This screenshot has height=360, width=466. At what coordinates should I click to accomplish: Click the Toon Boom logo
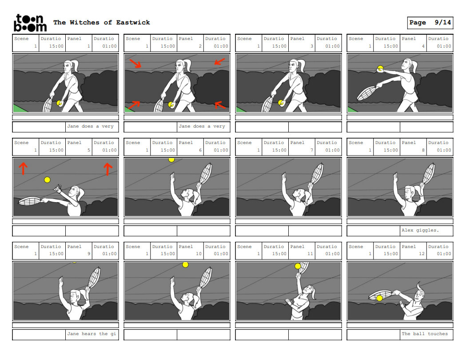coord(30,23)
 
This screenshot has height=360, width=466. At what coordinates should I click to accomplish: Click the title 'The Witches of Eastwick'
coord(102,22)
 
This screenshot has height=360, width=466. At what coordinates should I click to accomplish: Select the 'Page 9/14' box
coord(430,23)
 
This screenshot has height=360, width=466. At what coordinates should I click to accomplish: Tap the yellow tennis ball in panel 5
coord(47,180)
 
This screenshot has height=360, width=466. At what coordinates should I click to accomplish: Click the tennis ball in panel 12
coord(379,298)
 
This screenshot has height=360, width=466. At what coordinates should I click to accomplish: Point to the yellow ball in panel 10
coord(185,264)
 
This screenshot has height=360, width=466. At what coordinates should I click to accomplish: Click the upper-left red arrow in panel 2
coord(135,63)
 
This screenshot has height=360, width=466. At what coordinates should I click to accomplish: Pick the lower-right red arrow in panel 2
coord(220,105)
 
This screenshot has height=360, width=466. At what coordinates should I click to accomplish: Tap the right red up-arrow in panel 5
coord(108,169)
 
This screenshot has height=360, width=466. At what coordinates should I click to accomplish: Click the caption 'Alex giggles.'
coord(420,230)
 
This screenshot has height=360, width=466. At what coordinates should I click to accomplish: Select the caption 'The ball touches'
coord(425,333)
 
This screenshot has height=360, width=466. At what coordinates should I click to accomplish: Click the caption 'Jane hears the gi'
coord(92,333)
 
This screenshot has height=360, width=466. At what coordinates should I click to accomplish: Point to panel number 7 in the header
coord(312,150)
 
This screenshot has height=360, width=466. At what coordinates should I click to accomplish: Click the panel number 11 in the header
coord(310,254)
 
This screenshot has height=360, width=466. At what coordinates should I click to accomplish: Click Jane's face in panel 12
coord(418,296)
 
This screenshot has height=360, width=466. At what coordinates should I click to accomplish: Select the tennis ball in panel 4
coord(380,69)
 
